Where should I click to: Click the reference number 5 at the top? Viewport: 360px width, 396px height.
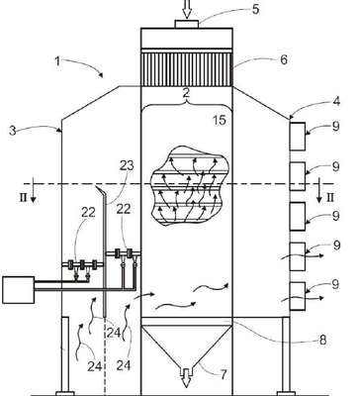(255, 9)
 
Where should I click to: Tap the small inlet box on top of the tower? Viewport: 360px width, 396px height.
(187, 24)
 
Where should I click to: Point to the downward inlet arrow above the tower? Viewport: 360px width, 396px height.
(187, 9)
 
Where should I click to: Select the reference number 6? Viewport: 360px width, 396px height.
(283, 59)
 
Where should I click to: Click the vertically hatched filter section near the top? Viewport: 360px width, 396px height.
(187, 67)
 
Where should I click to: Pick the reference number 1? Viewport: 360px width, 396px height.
(57, 61)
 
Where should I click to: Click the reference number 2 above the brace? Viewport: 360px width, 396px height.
(187, 93)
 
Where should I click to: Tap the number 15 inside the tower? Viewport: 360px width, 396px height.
(220, 120)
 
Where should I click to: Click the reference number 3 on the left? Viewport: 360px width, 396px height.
(13, 131)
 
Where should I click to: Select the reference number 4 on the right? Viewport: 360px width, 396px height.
(335, 101)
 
